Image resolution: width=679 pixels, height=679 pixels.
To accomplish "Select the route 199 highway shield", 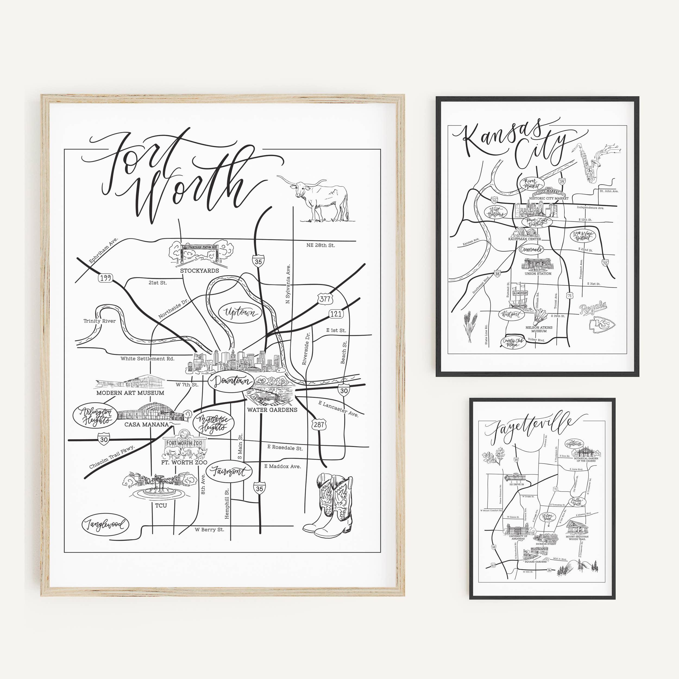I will (x=105, y=278).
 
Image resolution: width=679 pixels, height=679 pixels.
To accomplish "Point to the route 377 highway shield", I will (x=325, y=299).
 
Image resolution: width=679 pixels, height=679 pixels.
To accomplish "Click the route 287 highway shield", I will (x=319, y=425).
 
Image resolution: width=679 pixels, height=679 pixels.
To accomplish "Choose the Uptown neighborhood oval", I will (x=240, y=312).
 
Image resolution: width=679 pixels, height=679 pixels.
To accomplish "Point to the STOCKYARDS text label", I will (x=199, y=271).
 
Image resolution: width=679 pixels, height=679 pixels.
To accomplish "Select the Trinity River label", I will (x=99, y=321).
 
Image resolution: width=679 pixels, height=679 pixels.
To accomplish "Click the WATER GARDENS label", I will (x=272, y=410).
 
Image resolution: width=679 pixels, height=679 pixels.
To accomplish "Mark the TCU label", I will (x=161, y=505).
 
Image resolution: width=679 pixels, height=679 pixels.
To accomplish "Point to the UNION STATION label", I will (x=538, y=274).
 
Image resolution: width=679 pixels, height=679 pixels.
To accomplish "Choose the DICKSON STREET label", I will (x=546, y=544).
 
